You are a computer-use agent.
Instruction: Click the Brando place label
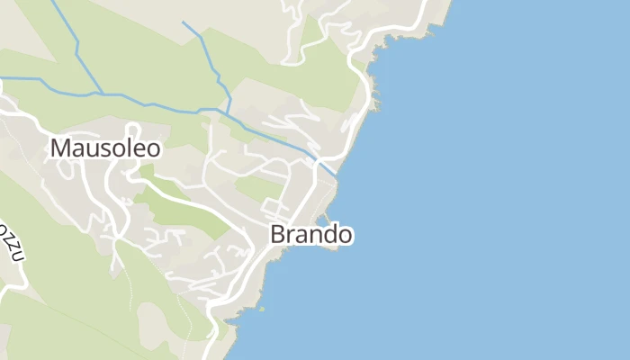coord(310,235)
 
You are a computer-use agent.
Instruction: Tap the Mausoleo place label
coord(105,148)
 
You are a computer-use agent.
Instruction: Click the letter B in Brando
coord(278,235)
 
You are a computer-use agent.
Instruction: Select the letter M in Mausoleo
coord(61,148)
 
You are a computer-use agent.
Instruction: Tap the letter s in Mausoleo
coord(100,148)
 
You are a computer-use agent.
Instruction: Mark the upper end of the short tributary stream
coord(183,22)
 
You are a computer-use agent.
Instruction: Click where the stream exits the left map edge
coord(2,77)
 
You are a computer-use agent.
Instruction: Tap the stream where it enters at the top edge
coord(53,2)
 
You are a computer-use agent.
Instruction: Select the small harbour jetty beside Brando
coord(322,219)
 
